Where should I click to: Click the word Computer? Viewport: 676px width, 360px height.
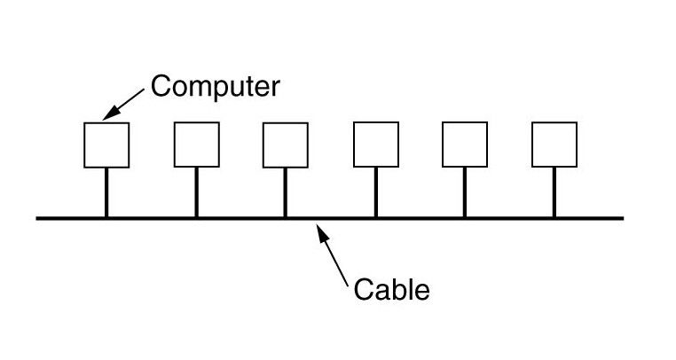(x=215, y=87)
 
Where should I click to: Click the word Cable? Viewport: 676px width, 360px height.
(x=391, y=289)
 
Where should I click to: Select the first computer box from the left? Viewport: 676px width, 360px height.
(x=106, y=145)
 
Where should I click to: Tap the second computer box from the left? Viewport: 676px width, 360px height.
(x=196, y=145)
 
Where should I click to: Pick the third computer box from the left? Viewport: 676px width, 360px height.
(x=286, y=145)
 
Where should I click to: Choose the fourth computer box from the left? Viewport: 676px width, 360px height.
(x=375, y=145)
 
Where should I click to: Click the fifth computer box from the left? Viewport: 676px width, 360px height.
(x=465, y=145)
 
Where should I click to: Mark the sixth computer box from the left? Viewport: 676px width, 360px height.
(x=554, y=145)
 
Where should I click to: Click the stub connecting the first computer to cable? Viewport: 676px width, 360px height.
(x=106, y=192)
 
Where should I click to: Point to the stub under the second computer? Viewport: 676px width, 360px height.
(x=196, y=192)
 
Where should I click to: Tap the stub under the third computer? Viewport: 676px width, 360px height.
(x=286, y=192)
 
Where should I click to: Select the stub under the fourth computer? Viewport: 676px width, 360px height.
(x=375, y=192)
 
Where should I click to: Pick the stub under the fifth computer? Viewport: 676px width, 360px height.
(x=465, y=192)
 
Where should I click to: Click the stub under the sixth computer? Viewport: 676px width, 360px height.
(x=554, y=192)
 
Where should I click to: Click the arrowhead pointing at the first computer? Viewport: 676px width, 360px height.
(x=109, y=113)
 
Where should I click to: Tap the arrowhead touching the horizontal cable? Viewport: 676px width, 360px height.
(x=322, y=229)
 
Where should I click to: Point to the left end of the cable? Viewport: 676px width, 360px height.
(x=38, y=217)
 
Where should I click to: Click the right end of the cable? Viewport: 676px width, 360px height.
(x=622, y=217)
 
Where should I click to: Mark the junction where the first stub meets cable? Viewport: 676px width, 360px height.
(x=106, y=217)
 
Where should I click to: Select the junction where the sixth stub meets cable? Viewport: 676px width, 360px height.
(x=554, y=217)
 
